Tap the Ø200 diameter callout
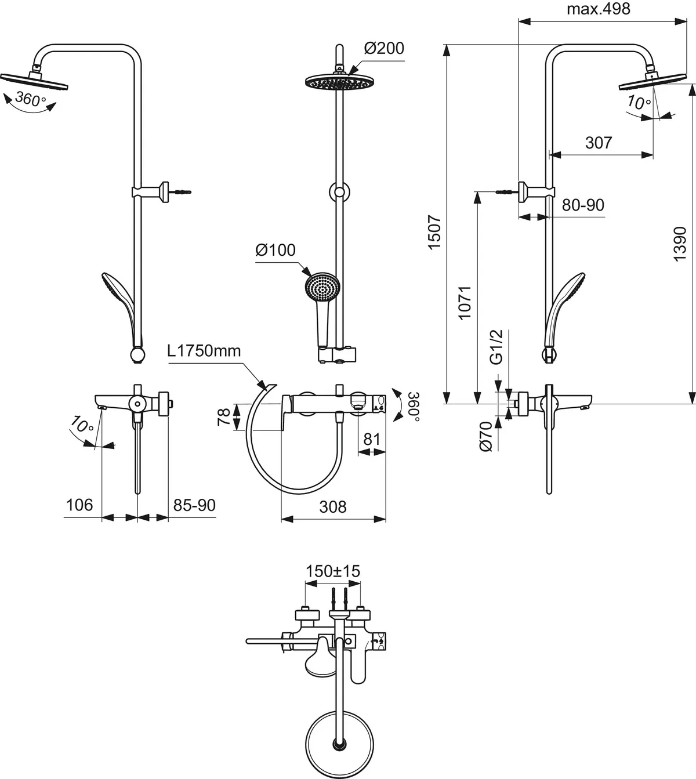pyautogui.click(x=384, y=48)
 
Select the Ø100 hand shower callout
pyautogui.click(x=275, y=250)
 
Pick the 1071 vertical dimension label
pyautogui.click(x=465, y=302)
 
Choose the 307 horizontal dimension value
pyautogui.click(x=599, y=142)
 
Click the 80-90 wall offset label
pyautogui.click(x=583, y=205)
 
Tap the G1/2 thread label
pyautogui.click(x=496, y=347)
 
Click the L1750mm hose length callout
pyautogui.click(x=204, y=351)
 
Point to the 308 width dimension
pyautogui.click(x=333, y=506)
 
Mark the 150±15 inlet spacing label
pyautogui.click(x=333, y=571)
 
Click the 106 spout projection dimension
pyautogui.click(x=79, y=505)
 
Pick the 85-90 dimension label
pyautogui.click(x=194, y=505)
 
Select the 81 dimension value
pyautogui.click(x=371, y=439)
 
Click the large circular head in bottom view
pyautogui.click(x=340, y=744)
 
